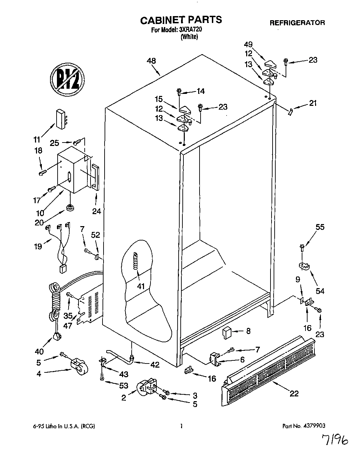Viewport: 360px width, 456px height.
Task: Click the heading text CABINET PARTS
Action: (x=181, y=20)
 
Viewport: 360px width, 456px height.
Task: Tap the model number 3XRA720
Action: (x=191, y=30)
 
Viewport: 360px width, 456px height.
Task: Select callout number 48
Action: (x=151, y=61)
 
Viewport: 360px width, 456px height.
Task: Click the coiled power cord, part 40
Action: (x=55, y=308)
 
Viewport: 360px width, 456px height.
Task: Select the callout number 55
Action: (x=320, y=227)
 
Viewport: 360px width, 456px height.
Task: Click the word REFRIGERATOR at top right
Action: (x=297, y=23)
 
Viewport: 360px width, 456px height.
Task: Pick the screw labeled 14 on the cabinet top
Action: (x=179, y=91)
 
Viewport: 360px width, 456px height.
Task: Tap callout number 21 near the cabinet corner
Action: (x=313, y=103)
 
